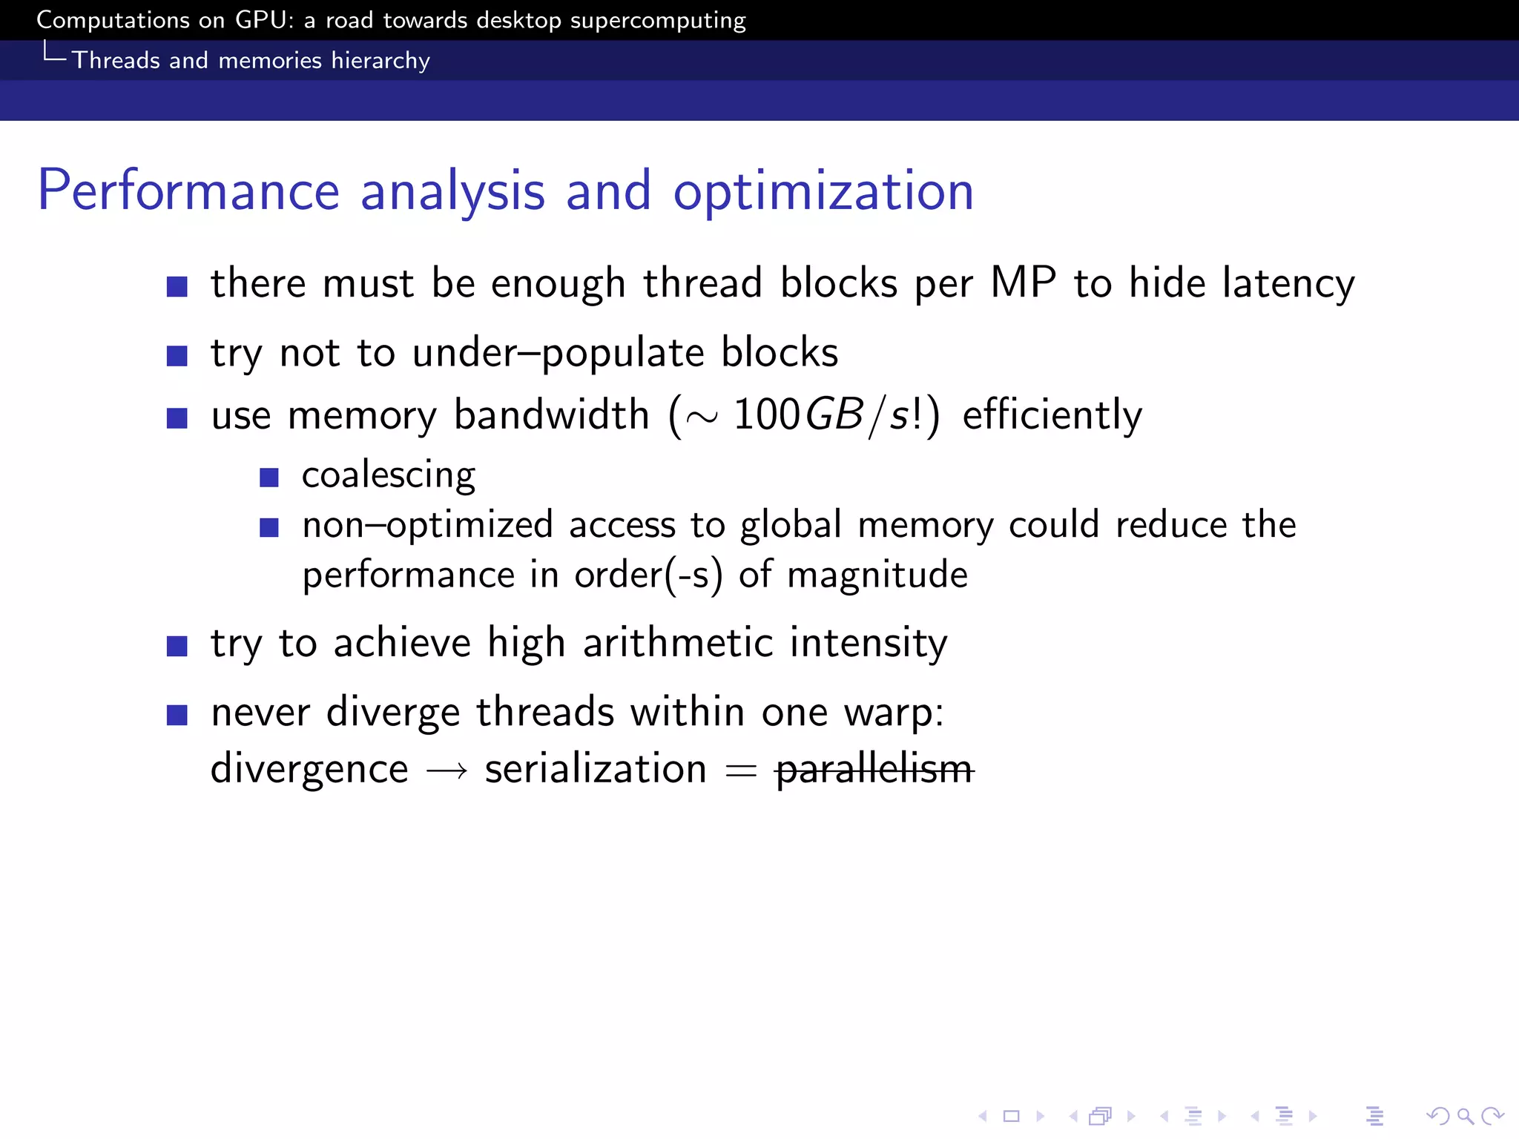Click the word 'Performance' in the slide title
tap(188, 191)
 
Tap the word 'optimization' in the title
tap(823, 192)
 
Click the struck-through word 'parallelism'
tap(874, 769)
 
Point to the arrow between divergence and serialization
tap(447, 771)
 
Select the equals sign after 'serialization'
tap(740, 771)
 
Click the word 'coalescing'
tap(389, 475)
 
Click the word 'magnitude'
tap(877, 575)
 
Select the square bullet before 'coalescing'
tap(269, 477)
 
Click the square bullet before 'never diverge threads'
tap(177, 715)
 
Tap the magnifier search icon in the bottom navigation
tap(1465, 1116)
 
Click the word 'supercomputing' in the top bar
tap(658, 21)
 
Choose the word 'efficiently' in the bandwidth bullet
tap(1052, 415)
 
